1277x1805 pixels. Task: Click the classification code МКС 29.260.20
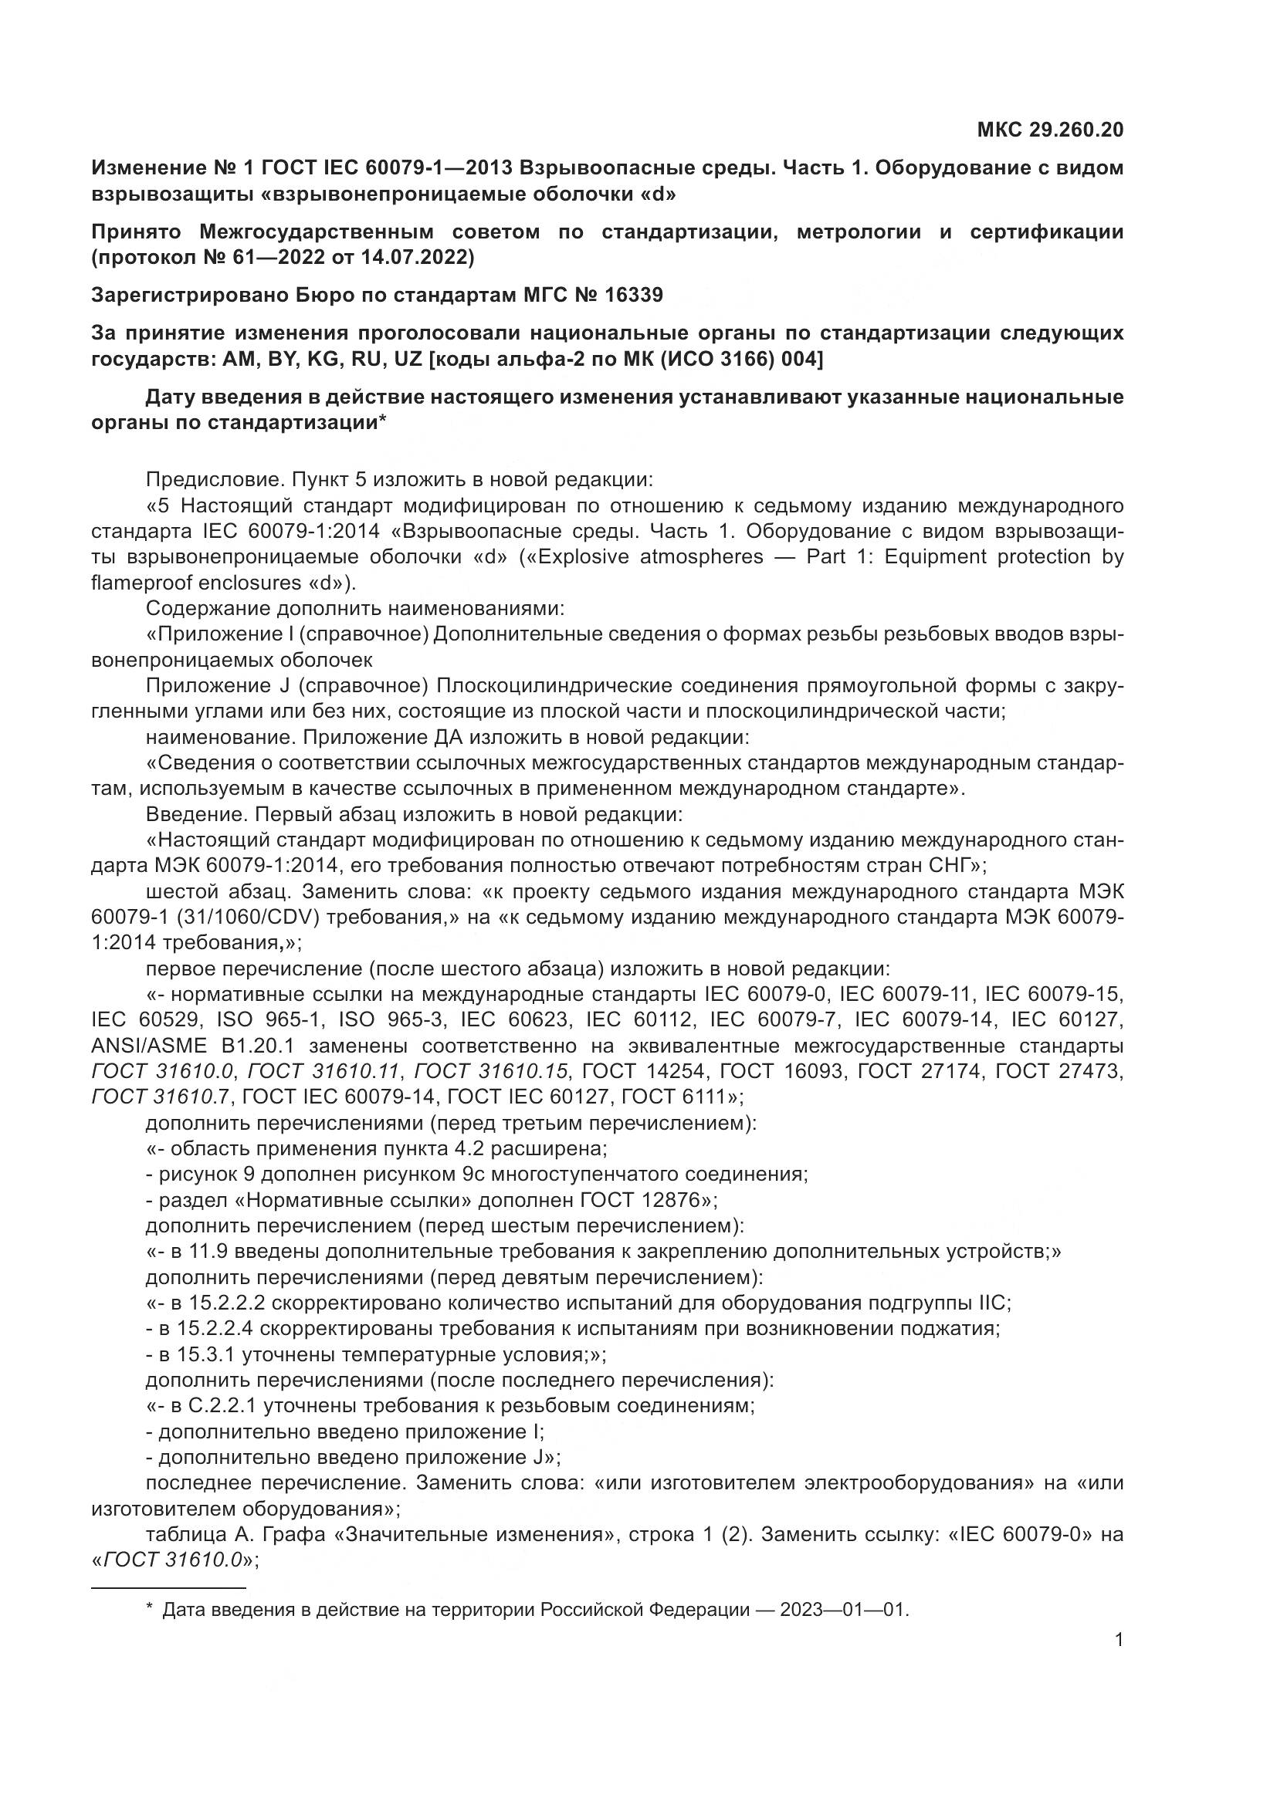click(1050, 130)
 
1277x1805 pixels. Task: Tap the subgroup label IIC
click(991, 1303)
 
